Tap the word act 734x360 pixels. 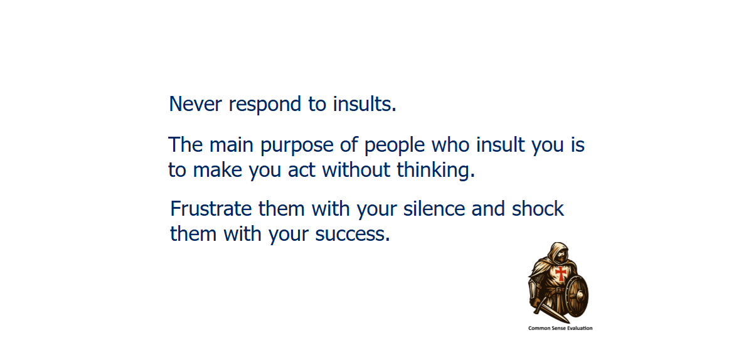[302, 171]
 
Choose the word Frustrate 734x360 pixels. [211, 209]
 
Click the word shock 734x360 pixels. [538, 209]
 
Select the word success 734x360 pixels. [353, 234]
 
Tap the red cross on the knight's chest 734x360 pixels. [560, 273]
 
